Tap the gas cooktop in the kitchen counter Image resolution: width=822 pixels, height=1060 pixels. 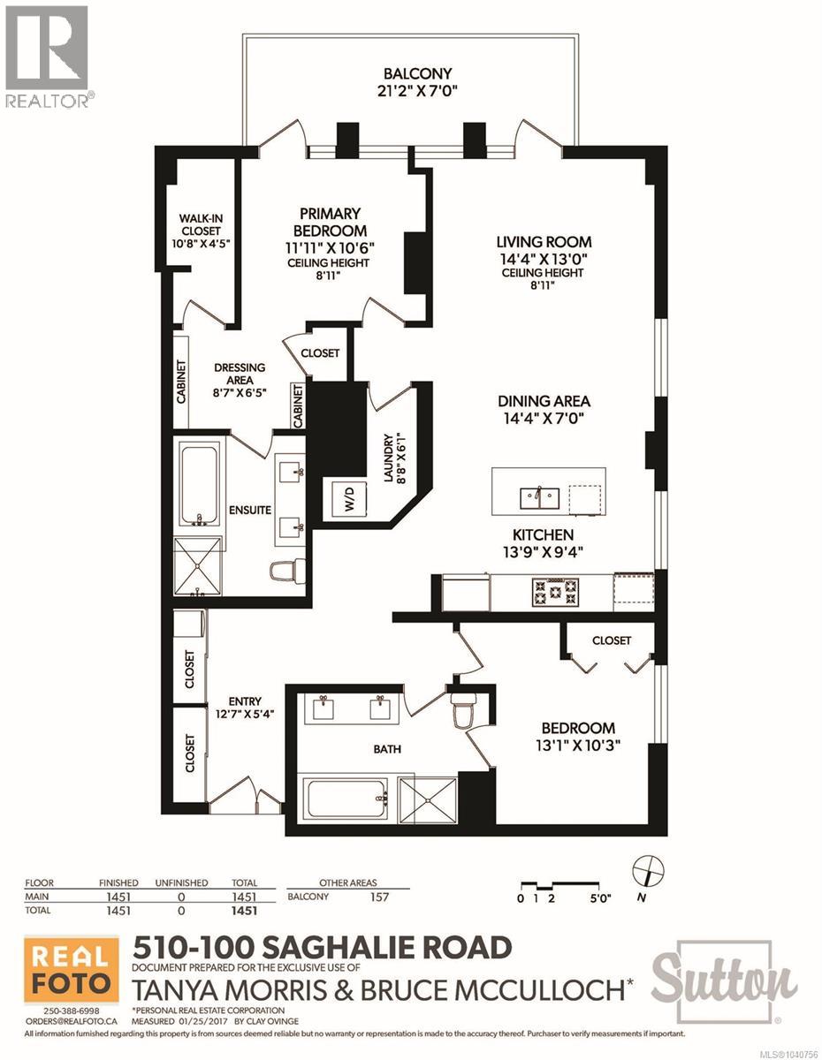555,592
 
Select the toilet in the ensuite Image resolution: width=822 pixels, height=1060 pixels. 288,571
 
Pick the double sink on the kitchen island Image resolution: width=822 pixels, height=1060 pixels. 539,499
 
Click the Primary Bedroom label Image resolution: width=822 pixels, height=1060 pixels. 330,223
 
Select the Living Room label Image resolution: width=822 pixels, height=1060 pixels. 544,242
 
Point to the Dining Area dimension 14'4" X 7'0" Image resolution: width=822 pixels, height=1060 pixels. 544,418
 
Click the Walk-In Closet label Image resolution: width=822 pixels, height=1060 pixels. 201,225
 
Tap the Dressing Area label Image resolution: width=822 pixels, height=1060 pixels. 240,373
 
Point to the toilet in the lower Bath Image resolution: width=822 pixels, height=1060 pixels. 462,713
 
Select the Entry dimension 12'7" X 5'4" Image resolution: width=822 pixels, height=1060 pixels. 245,715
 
